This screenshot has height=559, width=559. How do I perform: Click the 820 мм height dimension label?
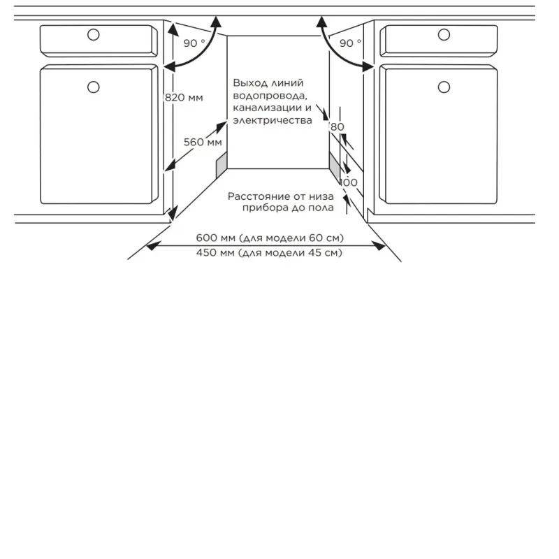[x=184, y=97]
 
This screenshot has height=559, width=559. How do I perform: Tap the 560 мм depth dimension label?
[x=203, y=142]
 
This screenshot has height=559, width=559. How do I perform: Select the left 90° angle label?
[x=194, y=43]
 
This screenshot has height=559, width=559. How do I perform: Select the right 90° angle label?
[x=351, y=43]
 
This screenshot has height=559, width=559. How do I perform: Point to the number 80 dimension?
[x=337, y=126]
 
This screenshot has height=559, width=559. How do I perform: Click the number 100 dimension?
[x=348, y=182]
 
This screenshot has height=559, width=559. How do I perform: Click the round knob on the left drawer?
[x=94, y=34]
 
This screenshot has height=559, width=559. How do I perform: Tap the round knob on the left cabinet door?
[x=94, y=87]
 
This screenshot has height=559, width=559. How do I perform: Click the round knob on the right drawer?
[x=444, y=34]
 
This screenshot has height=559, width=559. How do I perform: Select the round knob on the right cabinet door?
[x=444, y=87]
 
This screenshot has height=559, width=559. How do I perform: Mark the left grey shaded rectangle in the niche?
[x=222, y=165]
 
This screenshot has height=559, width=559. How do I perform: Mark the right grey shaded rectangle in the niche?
[x=335, y=165]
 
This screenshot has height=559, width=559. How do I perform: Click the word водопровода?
[x=270, y=96]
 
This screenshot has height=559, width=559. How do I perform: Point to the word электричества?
[x=273, y=120]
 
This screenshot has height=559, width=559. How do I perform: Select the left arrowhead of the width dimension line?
[x=152, y=245]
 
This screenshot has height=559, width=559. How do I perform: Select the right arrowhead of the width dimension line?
[x=379, y=245]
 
